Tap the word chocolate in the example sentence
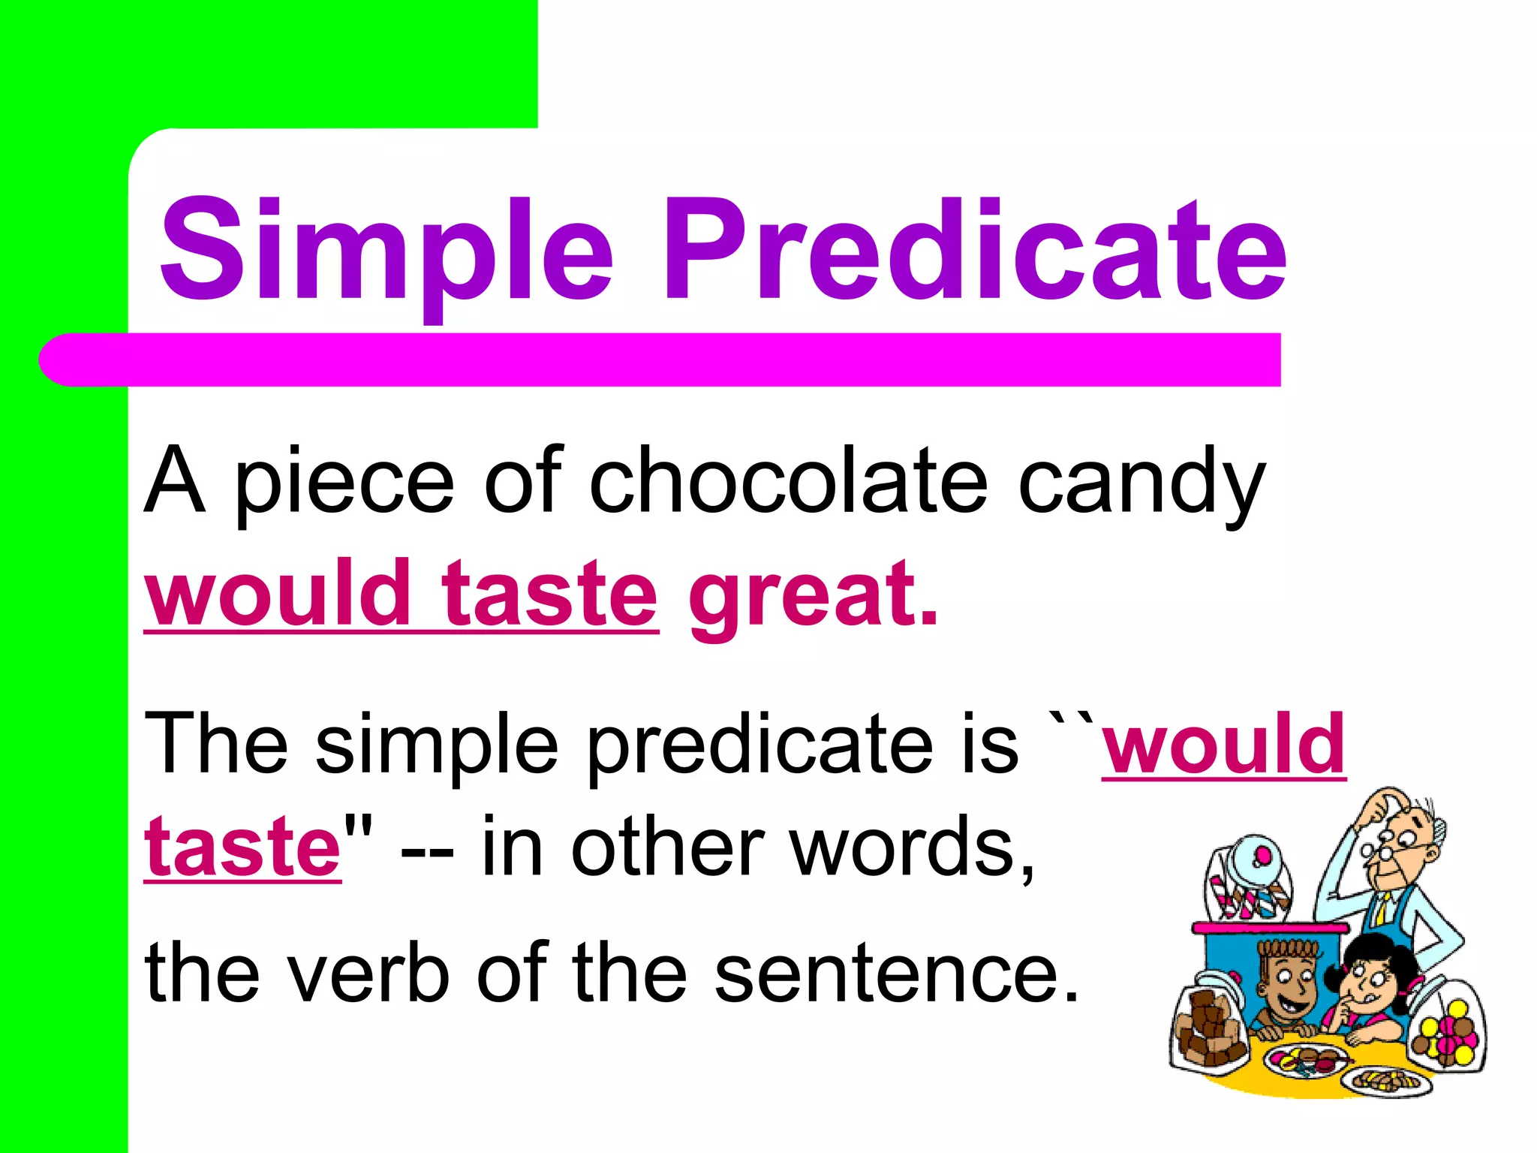[x=788, y=480]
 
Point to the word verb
[x=368, y=972]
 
